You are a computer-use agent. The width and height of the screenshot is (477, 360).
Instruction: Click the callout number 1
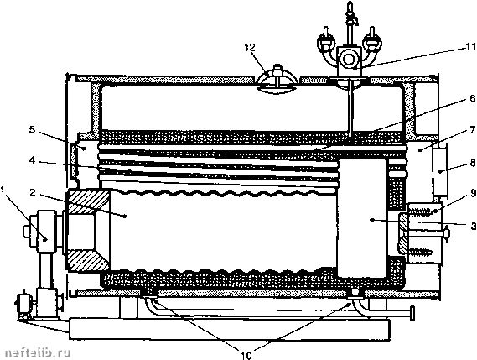[x=3, y=191]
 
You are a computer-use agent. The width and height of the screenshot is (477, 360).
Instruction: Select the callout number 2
[x=34, y=192]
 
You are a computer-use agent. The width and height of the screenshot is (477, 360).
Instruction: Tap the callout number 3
[x=473, y=227]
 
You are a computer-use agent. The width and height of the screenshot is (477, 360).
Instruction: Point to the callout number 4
[x=33, y=160]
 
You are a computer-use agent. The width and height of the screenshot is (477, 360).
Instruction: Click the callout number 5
[x=32, y=130]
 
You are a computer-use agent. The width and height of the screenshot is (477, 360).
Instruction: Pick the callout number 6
[x=473, y=99]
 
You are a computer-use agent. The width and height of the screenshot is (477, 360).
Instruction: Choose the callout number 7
[x=473, y=130]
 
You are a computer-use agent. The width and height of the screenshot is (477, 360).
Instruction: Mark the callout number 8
[x=473, y=163]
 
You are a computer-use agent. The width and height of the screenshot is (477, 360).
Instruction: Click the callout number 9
[x=473, y=194]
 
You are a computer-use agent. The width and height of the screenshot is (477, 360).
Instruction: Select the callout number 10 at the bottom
[x=246, y=355]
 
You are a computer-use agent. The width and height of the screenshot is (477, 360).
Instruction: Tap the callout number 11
[x=470, y=48]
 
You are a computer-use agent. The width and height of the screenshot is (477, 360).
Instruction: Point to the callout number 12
[x=250, y=48]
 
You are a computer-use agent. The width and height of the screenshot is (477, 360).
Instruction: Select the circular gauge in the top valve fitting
[x=349, y=58]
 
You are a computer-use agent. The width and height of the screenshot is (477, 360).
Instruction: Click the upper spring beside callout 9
[x=421, y=211]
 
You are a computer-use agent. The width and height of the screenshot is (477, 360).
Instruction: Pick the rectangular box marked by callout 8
[x=440, y=171]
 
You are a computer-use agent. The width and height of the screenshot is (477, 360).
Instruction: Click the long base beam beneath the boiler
[x=230, y=329]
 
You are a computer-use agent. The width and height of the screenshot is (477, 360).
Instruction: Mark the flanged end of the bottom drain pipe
[x=412, y=314]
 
